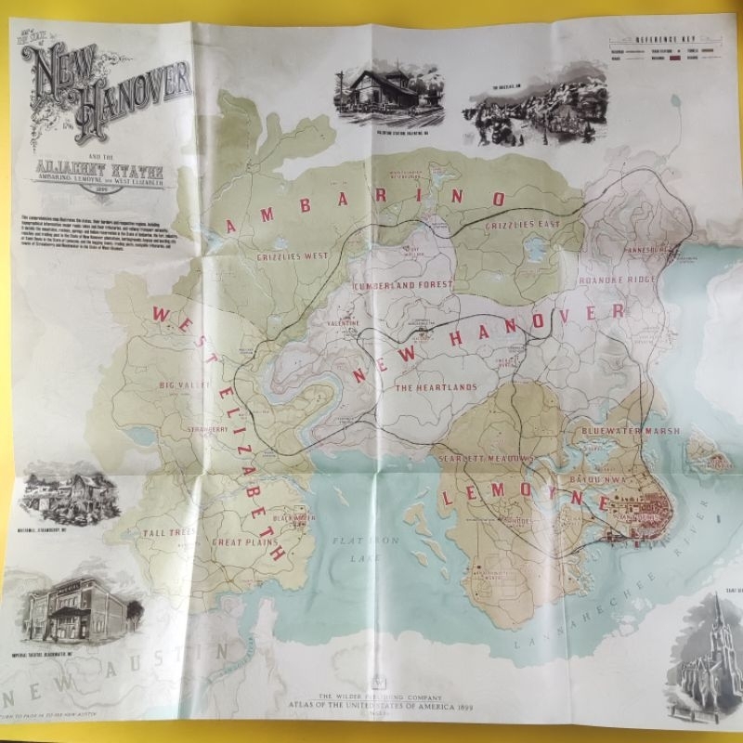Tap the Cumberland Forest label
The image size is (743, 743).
403,285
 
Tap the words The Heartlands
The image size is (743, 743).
437,386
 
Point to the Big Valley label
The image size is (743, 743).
180,384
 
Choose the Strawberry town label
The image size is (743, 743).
207,430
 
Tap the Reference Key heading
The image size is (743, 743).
661,41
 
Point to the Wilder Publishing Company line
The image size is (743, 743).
376,696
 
